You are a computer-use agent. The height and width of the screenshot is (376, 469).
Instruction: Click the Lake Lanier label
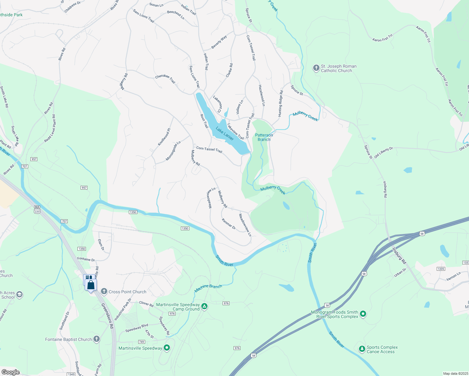(x=224, y=133)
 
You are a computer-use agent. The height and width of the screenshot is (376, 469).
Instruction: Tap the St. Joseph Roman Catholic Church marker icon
(x=316, y=68)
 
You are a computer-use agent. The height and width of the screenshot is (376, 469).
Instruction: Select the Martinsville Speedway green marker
(x=167, y=347)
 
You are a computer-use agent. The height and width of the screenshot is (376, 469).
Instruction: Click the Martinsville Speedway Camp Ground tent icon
(x=204, y=306)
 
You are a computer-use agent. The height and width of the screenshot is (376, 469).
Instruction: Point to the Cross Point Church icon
(x=104, y=291)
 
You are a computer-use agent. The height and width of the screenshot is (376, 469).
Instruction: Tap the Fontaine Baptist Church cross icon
(x=97, y=339)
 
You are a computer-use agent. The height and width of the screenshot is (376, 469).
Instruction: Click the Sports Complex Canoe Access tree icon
(x=362, y=348)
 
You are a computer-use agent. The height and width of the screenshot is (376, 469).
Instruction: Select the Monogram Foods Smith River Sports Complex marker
(x=363, y=313)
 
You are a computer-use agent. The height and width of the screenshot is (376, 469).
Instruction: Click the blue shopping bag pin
(x=91, y=285)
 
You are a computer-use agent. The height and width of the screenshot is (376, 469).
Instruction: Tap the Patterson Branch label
(x=264, y=137)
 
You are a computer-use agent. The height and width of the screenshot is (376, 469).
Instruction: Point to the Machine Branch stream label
(x=208, y=288)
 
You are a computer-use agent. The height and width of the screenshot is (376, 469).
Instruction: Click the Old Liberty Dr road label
(x=383, y=152)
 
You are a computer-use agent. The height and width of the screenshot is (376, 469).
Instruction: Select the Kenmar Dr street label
(x=229, y=224)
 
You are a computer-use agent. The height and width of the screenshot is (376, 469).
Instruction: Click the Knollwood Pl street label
(x=164, y=137)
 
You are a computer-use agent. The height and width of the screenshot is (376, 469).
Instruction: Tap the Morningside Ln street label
(x=173, y=151)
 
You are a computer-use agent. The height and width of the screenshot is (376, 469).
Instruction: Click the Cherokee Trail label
(x=165, y=79)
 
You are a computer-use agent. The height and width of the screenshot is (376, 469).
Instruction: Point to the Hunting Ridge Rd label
(x=281, y=103)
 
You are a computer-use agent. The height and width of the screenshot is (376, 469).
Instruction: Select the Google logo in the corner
(x=10, y=372)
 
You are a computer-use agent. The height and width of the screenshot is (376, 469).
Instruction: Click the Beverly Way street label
(x=219, y=42)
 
